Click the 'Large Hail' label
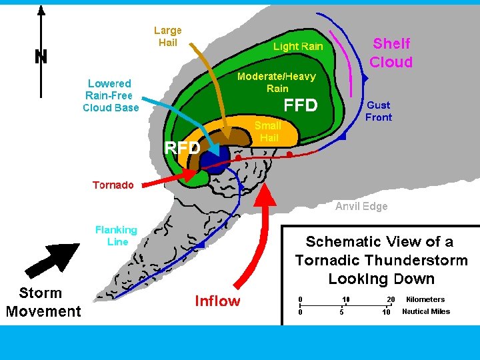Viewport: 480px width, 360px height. pyautogui.click(x=167, y=37)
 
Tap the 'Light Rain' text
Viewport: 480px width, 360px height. pyautogui.click(x=298, y=47)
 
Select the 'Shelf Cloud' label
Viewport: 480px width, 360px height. pyautogui.click(x=391, y=53)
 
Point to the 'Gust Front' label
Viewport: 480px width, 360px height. pyautogui.click(x=379, y=111)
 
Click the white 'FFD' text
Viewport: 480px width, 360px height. pyautogui.click(x=301, y=106)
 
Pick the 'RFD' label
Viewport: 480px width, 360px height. pyautogui.click(x=182, y=148)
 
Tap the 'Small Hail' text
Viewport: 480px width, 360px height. pyautogui.click(x=269, y=131)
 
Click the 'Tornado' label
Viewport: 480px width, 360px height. pyautogui.click(x=113, y=185)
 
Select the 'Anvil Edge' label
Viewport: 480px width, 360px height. pyautogui.click(x=361, y=207)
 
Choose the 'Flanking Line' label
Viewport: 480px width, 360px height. pyautogui.click(x=116, y=235)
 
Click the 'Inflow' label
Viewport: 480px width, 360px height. pyautogui.click(x=217, y=301)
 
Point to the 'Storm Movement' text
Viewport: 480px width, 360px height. pyautogui.click(x=43, y=302)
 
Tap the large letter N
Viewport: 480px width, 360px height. pyautogui.click(x=41, y=57)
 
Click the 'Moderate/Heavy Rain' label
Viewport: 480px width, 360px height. pyautogui.click(x=277, y=83)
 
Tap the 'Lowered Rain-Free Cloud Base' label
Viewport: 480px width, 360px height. pyautogui.click(x=111, y=95)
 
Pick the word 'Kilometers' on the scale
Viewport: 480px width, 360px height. pyautogui.click(x=425, y=299)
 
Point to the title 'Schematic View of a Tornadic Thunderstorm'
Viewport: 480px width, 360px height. pyautogui.click(x=381, y=260)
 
